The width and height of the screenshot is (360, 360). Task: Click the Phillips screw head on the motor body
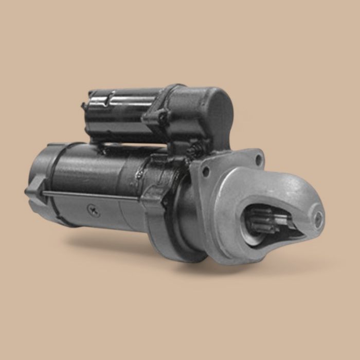(93, 210)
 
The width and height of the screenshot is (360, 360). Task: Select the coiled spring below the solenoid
(196, 150)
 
